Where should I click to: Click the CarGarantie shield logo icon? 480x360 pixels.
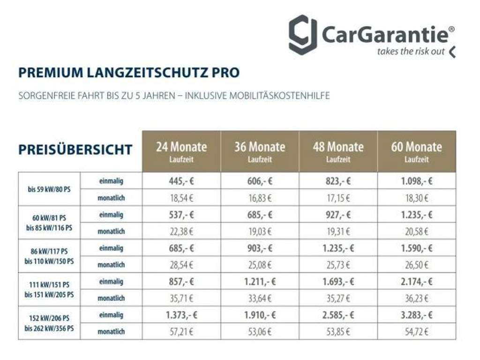(302, 35)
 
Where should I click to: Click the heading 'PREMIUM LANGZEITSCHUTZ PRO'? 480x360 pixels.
(129, 73)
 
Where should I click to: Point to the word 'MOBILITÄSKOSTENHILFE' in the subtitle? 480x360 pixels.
(281, 96)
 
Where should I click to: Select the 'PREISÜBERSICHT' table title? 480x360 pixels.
(75, 150)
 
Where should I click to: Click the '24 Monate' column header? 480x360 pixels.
(181, 151)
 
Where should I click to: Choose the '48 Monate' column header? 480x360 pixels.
(338, 151)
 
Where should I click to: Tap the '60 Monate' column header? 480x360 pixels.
(416, 151)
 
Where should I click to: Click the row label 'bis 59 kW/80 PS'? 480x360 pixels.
(49, 189)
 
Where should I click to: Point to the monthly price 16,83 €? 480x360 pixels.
(260, 198)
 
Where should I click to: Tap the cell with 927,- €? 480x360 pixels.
(338, 215)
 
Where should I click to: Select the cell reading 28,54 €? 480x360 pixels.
(181, 265)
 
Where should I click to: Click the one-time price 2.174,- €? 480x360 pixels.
(416, 282)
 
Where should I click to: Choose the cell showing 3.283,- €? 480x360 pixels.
(416, 315)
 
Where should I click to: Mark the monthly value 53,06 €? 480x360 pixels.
(260, 332)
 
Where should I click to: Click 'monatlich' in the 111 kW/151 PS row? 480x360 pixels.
(111, 298)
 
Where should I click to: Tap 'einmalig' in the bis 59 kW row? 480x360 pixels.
(111, 181)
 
